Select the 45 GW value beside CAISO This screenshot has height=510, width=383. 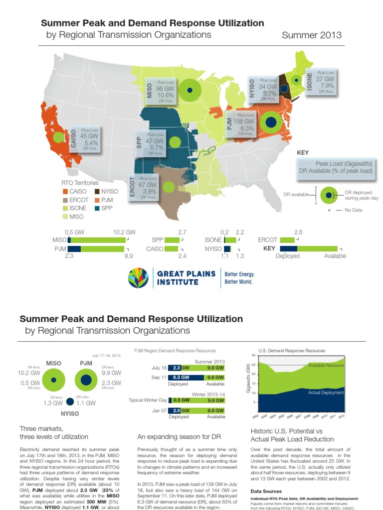[89, 135]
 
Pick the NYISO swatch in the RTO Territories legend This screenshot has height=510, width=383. [96, 191]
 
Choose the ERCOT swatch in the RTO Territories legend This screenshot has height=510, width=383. [65, 200]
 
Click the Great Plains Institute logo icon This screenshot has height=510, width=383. [139, 277]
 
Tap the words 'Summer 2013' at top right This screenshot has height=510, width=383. [312, 35]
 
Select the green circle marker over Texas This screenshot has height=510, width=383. [169, 187]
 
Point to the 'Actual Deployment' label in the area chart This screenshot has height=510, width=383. [327, 392]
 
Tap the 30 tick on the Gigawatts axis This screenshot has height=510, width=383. [253, 356]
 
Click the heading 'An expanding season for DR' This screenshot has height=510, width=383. [179, 437]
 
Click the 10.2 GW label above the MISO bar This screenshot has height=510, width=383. [125, 232]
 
